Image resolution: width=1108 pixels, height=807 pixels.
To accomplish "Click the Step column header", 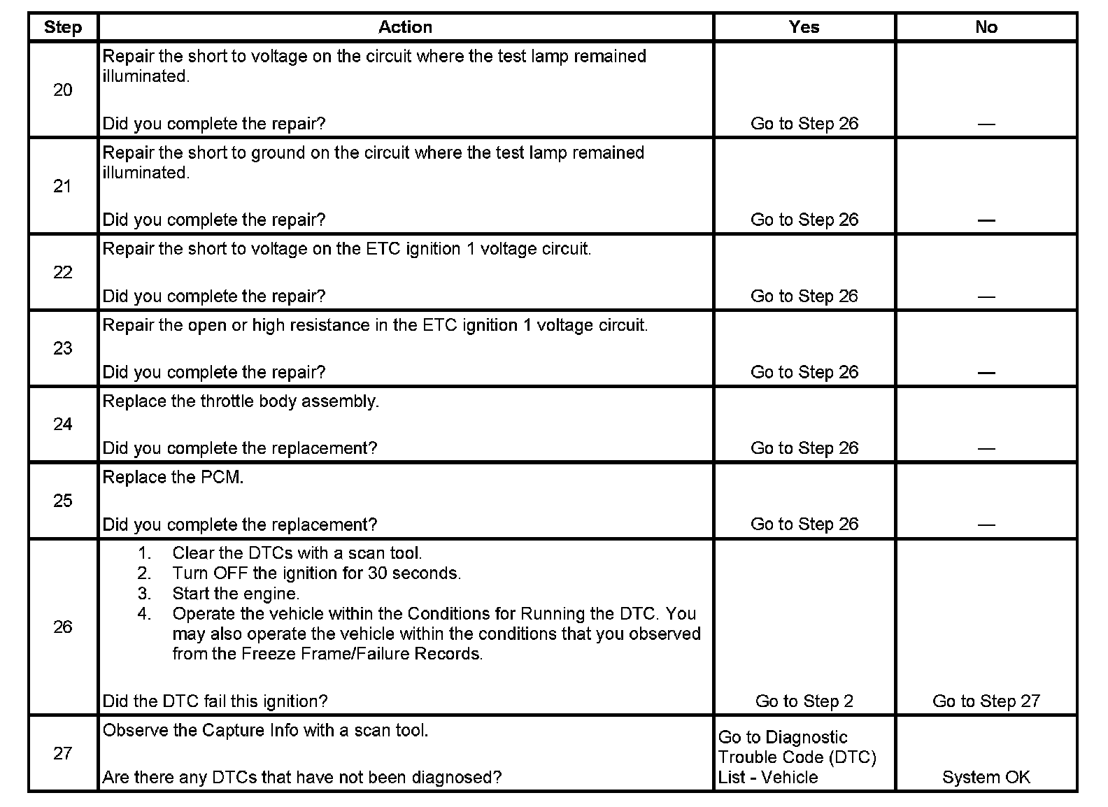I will point(62,27).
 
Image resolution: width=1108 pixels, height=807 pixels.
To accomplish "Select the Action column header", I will point(405,27).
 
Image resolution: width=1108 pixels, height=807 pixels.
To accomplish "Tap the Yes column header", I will point(804,27).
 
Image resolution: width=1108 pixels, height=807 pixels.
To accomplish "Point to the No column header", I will point(986,27).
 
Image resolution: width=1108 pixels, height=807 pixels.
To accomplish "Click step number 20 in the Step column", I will point(62,90).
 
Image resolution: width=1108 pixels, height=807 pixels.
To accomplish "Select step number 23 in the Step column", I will point(62,348).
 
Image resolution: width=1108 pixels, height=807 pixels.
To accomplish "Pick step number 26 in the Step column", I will point(62,627).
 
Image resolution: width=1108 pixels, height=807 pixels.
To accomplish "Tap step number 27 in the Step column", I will point(62,753).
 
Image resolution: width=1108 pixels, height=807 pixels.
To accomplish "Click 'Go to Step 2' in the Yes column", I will point(804,701).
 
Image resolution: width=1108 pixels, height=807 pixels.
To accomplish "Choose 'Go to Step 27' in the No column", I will point(986,701).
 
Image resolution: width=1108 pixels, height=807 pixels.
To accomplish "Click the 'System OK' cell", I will point(986,777).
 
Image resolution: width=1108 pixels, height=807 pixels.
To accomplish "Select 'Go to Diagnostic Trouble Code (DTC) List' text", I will point(797,757).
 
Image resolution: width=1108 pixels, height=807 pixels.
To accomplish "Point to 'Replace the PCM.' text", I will point(173,478).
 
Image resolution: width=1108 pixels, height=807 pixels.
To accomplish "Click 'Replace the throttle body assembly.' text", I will point(241,401).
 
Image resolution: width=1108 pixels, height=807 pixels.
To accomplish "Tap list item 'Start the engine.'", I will point(236,594).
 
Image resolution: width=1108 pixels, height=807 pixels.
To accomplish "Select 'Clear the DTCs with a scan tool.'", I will point(297,553).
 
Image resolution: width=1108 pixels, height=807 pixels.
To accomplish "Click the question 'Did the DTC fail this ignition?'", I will point(215,701).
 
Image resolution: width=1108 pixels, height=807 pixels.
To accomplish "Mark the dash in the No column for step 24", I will point(986,448).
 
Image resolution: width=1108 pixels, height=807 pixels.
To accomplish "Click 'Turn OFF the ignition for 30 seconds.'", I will point(316,573).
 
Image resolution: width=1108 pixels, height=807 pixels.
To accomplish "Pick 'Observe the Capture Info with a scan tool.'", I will point(265,731).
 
